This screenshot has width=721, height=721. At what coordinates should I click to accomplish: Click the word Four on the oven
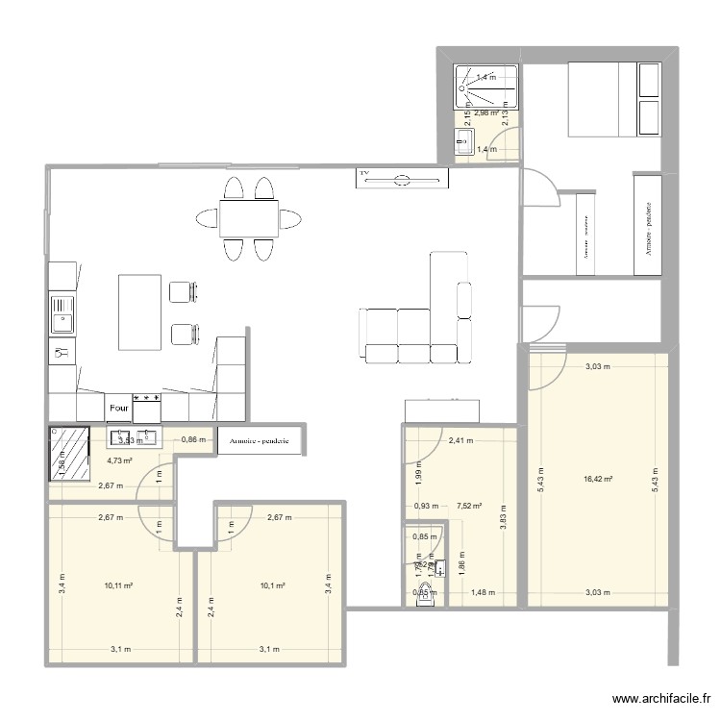coord(119,407)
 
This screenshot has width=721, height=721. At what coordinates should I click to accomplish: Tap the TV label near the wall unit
coord(364,175)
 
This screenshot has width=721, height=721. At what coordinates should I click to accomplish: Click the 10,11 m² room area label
coord(117,584)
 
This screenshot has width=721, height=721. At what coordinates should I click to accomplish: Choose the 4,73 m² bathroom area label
coord(119,460)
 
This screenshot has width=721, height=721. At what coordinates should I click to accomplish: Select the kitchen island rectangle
coord(139,312)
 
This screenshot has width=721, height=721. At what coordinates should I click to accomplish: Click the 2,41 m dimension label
coord(461,441)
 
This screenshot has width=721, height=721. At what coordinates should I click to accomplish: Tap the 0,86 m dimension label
coord(194,440)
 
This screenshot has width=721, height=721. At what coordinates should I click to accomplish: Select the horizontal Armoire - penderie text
coord(261,441)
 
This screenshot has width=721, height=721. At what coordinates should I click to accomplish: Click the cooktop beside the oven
coord(147,407)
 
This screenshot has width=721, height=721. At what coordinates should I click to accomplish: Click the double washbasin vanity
coord(134,438)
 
